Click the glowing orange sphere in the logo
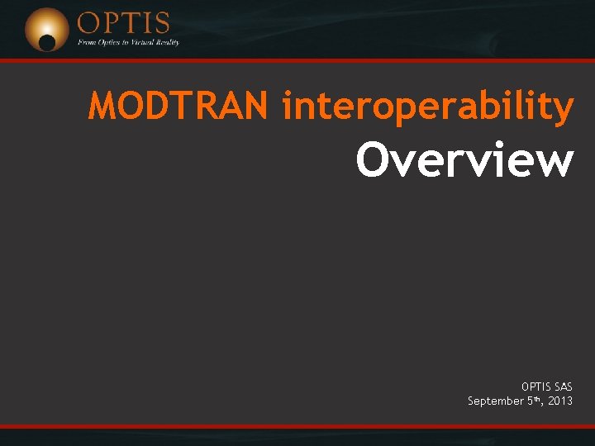point(46,29)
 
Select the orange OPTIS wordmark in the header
point(123,22)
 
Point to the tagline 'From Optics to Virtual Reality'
point(128,42)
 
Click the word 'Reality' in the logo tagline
point(165,42)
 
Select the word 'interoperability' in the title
point(427,108)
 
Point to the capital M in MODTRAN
point(103,107)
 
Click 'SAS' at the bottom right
point(561,386)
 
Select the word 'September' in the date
point(495,401)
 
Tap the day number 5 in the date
point(530,401)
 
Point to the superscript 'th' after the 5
point(537,398)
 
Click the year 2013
point(559,401)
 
